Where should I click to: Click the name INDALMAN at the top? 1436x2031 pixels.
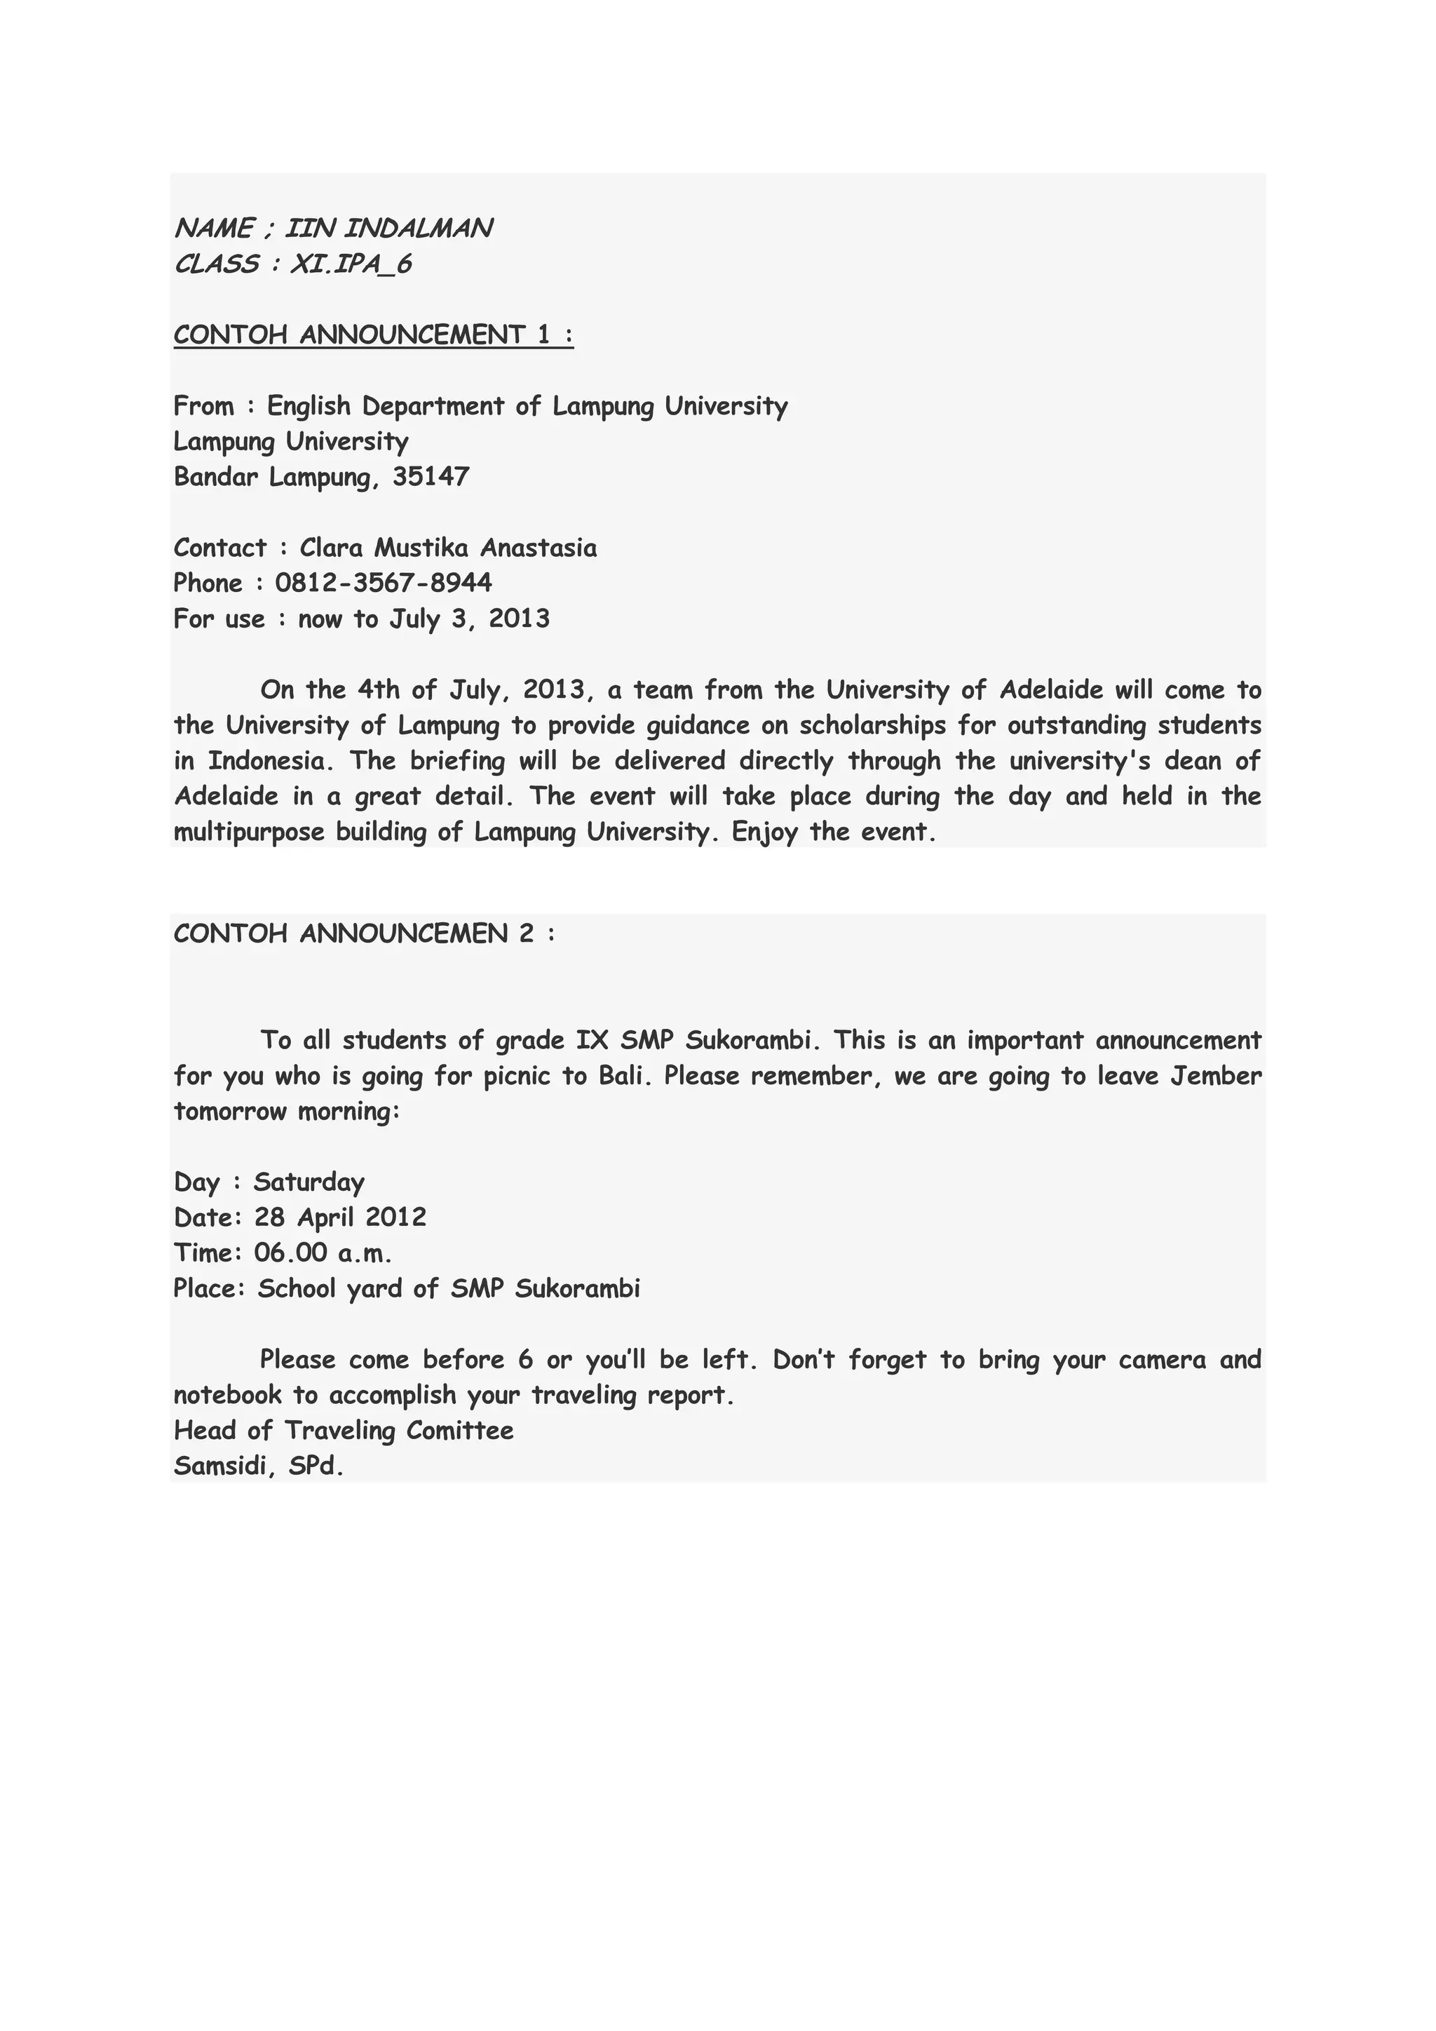tap(417, 228)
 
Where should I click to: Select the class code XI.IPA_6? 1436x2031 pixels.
tap(351, 264)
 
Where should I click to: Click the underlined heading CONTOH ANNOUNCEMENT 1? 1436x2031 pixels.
tap(373, 335)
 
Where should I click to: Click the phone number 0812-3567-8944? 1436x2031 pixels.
tap(384, 583)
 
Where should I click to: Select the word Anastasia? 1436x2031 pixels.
tap(538, 548)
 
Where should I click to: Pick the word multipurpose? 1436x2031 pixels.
tap(250, 832)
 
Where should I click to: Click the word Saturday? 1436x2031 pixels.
tap(309, 1182)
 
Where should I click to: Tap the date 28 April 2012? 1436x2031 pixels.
tap(341, 1217)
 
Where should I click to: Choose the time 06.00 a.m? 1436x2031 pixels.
tap(323, 1253)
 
